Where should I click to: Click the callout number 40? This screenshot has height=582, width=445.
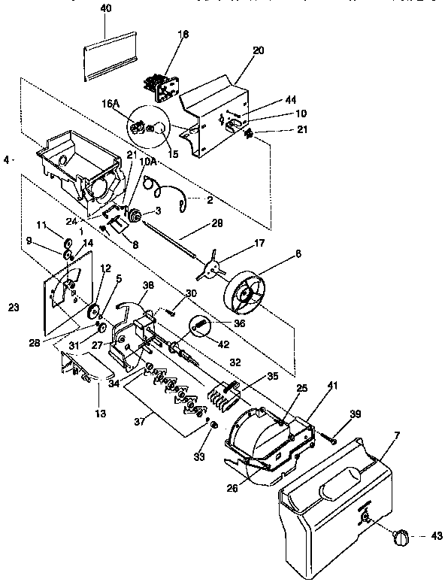105,8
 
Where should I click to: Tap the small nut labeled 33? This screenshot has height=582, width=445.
214,426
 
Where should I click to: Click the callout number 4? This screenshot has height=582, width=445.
7,159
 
